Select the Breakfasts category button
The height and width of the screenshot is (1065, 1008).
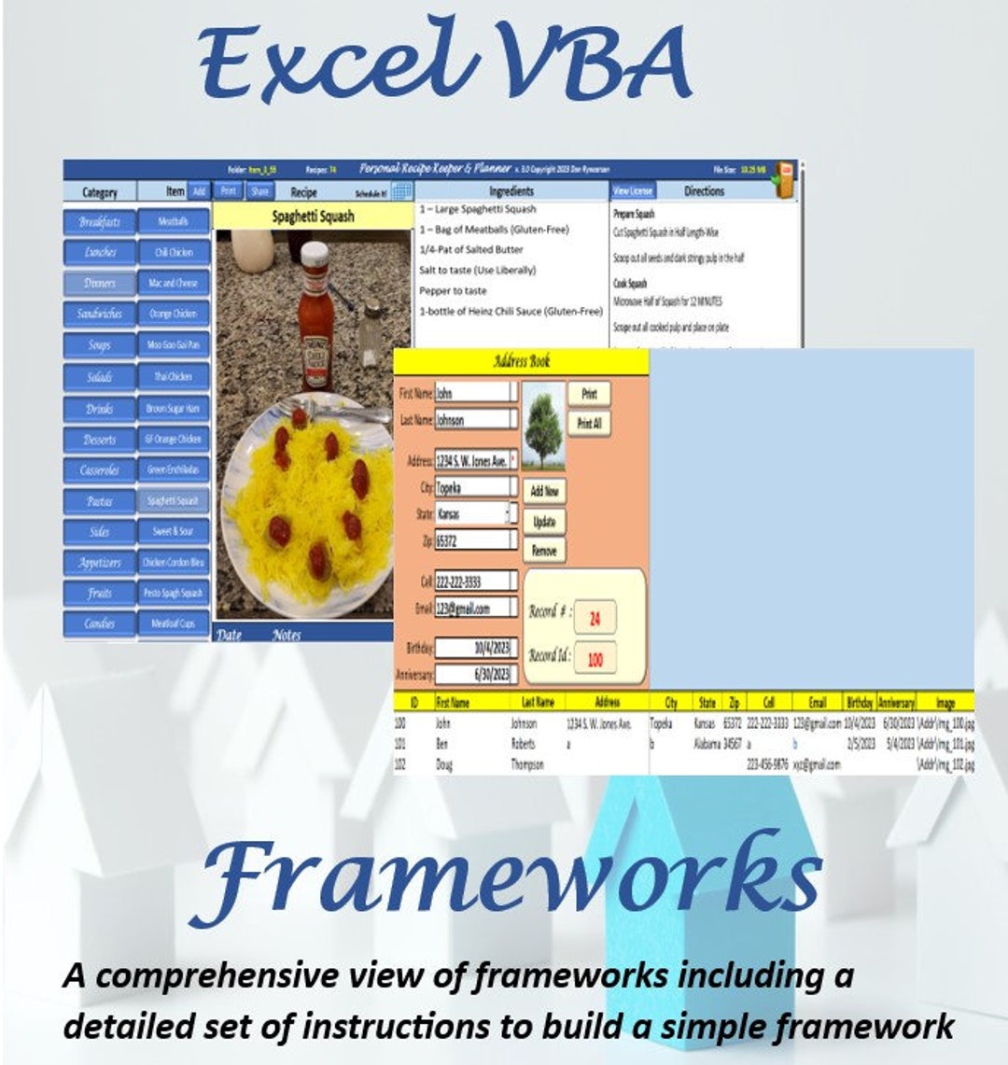(99, 222)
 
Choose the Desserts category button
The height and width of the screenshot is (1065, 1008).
(99, 439)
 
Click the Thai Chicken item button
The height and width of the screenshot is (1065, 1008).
(173, 377)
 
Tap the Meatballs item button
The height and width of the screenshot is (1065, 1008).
(173, 222)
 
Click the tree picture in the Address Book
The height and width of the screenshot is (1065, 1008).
(542, 425)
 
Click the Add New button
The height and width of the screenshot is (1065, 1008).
(544, 491)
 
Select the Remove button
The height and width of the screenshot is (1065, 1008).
(544, 551)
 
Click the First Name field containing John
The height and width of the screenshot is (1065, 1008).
(475, 393)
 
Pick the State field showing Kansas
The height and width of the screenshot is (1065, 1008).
(472, 513)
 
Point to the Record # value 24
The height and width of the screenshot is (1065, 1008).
(595, 618)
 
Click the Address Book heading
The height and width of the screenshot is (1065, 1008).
(521, 361)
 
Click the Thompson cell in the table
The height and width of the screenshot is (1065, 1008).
(527, 764)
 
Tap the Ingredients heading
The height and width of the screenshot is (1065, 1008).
(511, 191)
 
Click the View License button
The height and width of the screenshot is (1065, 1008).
(633, 191)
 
